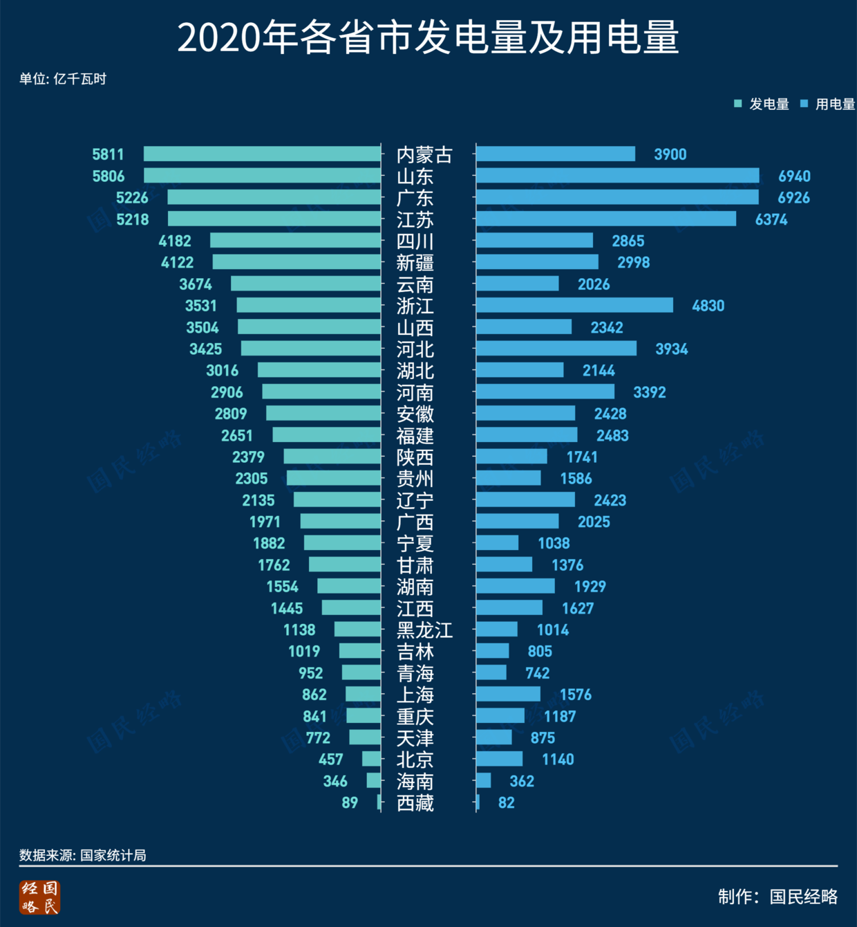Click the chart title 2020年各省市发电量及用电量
click(x=428, y=37)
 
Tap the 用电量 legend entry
click(x=827, y=104)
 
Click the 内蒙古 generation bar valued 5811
click(x=262, y=154)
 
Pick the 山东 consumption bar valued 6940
click(x=617, y=176)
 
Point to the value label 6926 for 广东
click(x=793, y=198)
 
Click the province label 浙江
click(x=415, y=306)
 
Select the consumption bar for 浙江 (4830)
click(x=574, y=305)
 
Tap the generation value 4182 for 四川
click(x=175, y=241)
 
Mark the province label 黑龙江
click(x=424, y=630)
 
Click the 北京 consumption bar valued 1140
click(x=499, y=759)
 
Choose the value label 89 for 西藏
click(x=350, y=802)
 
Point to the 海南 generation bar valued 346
click(x=373, y=781)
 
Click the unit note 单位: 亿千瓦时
click(x=63, y=79)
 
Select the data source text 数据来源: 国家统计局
click(x=83, y=855)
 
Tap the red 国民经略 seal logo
click(x=40, y=897)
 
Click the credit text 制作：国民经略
click(x=778, y=897)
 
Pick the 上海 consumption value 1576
click(x=575, y=695)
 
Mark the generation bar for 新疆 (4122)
click(x=296, y=262)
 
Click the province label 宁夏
click(x=415, y=544)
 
